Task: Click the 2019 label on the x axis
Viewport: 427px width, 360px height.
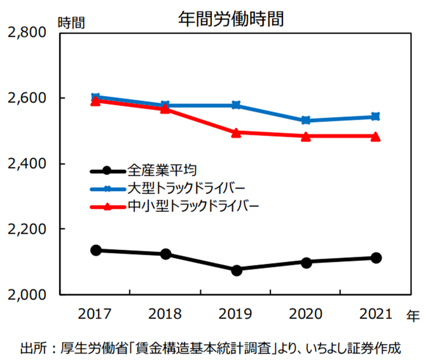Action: [236, 314]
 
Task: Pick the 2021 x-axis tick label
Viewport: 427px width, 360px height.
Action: [375, 314]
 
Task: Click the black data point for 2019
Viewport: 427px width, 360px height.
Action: [236, 270]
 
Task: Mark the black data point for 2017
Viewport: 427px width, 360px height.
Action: [96, 250]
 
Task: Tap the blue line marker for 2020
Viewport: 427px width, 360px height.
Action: [306, 121]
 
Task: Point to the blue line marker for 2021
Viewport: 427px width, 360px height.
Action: [375, 117]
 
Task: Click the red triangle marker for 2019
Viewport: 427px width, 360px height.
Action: [236, 132]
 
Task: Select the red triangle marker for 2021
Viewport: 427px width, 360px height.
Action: [375, 136]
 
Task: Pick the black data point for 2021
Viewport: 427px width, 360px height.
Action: [375, 258]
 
